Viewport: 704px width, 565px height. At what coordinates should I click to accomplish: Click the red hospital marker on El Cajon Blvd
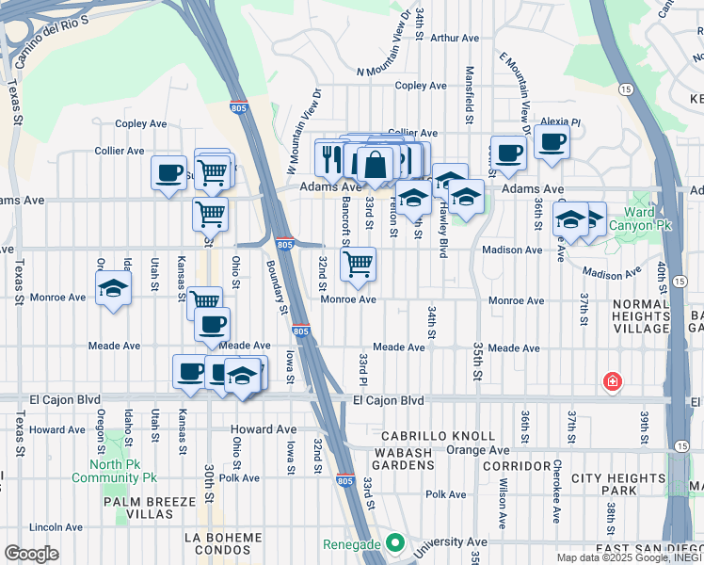coord(612,381)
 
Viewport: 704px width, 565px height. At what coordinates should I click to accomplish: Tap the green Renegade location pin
coord(395,544)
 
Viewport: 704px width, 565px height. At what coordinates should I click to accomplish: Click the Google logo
coord(31,554)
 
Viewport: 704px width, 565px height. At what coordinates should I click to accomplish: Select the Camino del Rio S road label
coord(55,44)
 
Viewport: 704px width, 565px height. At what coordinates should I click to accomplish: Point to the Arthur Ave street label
coord(455,39)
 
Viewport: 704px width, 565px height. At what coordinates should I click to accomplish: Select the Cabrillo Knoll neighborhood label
coord(438,436)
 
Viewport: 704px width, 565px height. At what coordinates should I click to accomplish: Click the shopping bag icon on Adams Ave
coord(375,165)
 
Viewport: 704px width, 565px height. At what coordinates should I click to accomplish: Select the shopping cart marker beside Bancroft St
coord(357,265)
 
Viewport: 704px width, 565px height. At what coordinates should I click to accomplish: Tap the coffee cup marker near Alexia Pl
coord(552,142)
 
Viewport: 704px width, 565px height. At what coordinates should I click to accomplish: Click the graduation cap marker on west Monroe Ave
coord(113,288)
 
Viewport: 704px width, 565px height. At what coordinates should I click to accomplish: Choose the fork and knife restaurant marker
coord(331,157)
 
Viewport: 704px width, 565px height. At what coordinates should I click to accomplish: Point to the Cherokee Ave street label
coord(556,503)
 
